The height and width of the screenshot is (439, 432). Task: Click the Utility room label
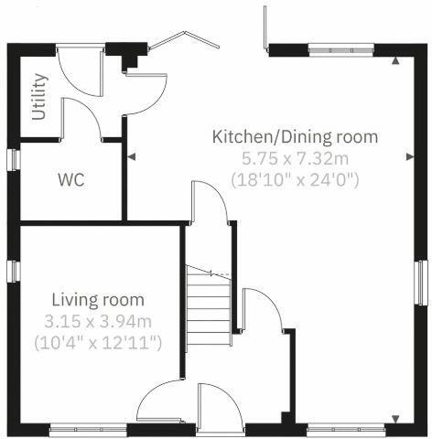click(38, 98)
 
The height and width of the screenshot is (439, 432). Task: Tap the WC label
click(71, 180)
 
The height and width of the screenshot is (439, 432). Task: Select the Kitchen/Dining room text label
click(295, 137)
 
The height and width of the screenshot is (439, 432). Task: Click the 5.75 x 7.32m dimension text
click(295, 158)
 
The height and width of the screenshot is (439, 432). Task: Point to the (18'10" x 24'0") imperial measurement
click(295, 179)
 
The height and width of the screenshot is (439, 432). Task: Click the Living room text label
click(98, 300)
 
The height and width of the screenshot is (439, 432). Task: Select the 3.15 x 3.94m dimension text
click(98, 321)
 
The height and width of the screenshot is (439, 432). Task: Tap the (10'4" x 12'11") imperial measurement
click(98, 343)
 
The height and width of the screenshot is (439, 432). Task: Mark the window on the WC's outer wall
click(14, 158)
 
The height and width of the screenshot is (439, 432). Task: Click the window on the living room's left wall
click(14, 272)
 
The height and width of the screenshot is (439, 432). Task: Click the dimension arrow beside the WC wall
click(132, 157)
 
